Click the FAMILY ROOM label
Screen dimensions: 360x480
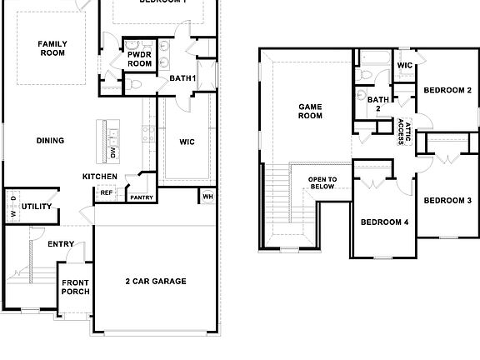pos(52,48)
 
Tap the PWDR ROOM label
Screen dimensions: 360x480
pos(139,58)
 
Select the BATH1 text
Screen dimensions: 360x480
pos(182,78)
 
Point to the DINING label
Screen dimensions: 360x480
pos(50,141)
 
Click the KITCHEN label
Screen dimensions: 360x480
pos(99,177)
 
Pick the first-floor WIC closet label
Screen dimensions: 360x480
pos(187,142)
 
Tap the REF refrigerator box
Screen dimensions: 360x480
pos(107,192)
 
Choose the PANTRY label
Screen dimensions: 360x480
pos(141,197)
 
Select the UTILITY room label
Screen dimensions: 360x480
pos(37,207)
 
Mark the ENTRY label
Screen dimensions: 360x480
pos(61,244)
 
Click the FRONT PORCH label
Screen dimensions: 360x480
pos(75,287)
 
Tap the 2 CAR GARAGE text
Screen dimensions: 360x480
pos(156,282)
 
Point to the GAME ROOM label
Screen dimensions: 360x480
pos(310,111)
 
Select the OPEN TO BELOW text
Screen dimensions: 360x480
pos(322,182)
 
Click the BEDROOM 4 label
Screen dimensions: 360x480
pos(384,222)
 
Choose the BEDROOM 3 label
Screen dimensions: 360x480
pos(447,201)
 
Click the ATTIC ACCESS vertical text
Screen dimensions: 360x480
pos(403,132)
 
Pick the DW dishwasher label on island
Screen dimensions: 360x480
pos(114,152)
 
